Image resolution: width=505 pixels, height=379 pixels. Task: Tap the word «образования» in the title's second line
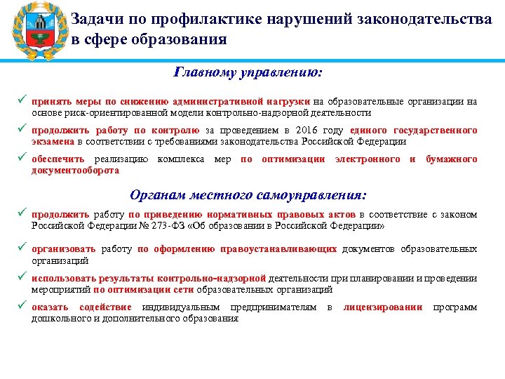184,39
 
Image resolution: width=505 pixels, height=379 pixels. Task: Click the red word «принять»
50,101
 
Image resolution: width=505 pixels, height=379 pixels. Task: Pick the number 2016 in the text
308,131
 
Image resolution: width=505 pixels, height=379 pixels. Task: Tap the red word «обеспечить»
59,159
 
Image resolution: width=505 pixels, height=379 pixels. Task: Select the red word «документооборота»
75,171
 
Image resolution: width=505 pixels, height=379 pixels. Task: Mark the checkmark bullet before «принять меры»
23,101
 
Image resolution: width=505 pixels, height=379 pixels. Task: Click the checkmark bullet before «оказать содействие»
23,307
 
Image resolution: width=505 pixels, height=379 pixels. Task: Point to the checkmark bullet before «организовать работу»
23,249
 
